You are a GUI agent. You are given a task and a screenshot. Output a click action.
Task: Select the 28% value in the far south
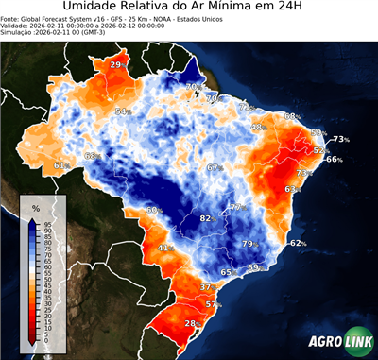(x=191, y=323)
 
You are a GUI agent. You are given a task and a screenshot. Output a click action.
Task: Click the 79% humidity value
(x=249, y=244)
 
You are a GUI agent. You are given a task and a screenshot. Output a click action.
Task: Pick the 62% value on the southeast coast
(x=298, y=243)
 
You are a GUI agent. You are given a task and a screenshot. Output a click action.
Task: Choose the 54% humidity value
(x=122, y=111)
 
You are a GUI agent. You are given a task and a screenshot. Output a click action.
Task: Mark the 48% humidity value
(x=257, y=127)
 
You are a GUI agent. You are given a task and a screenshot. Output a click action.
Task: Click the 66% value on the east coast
(x=334, y=160)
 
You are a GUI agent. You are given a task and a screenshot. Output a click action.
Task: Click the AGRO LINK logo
(x=337, y=340)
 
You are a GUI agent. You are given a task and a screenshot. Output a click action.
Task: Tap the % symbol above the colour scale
(x=36, y=207)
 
